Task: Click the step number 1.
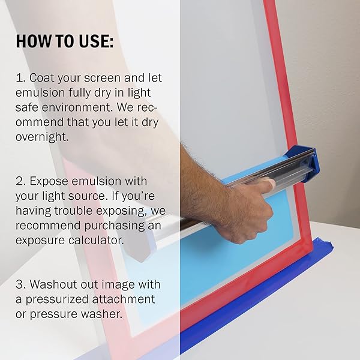click(x=19, y=78)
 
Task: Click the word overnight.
click(x=43, y=137)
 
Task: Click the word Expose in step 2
click(x=50, y=181)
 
